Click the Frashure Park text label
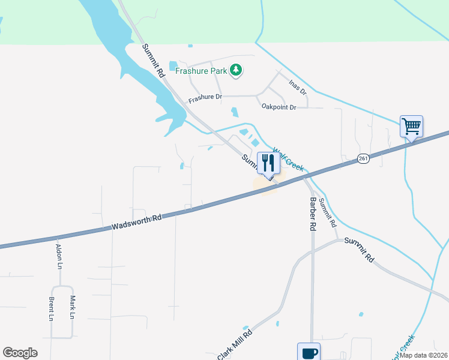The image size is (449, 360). [201, 71]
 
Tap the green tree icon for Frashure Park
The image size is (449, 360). [237, 70]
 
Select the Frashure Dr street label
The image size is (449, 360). [205, 98]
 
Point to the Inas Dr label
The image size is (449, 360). [298, 88]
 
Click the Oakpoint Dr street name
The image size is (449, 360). [279, 107]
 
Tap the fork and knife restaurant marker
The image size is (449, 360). [268, 163]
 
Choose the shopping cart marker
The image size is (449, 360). [412, 127]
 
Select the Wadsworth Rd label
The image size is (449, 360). [137, 222]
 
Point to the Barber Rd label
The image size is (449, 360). [313, 214]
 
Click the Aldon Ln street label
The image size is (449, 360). [59, 256]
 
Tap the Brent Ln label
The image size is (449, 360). [52, 308]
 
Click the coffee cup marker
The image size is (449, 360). [309, 352]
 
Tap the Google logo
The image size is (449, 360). [20, 353]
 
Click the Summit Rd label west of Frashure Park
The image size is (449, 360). [154, 60]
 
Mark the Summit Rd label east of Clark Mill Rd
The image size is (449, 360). [359, 250]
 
